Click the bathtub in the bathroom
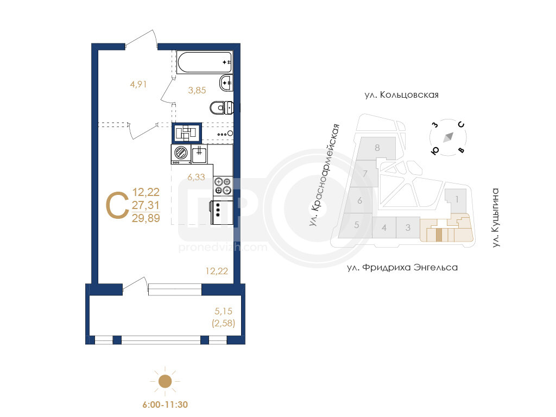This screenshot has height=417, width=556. point(204,62)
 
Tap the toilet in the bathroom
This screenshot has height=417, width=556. point(222,108)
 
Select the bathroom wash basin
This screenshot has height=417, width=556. point(226,83)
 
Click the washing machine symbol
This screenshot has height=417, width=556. point(181,154)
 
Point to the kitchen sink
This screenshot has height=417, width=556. point(199,154)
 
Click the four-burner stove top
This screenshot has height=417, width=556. point(223,186)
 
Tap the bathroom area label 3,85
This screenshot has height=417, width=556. point(197,91)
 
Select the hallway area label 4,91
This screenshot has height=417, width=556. point(138,84)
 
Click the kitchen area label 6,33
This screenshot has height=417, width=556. point(196,177)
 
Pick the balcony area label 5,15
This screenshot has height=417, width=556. point(223,311)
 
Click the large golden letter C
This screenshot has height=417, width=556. point(117,205)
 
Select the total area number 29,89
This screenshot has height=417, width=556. point(146,218)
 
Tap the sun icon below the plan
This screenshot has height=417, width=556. point(165,382)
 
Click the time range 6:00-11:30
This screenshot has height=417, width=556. point(165,405)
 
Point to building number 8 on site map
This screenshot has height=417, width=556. point(377,148)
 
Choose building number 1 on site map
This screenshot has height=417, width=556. point(457,199)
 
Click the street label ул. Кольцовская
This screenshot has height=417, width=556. point(401,95)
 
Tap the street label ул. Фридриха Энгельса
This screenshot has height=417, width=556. point(402,267)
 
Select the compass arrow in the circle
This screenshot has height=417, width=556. point(448,137)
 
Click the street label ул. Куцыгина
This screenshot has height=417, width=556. point(496,217)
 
